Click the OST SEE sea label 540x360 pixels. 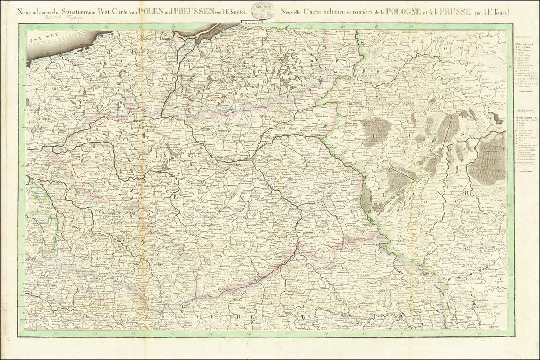[x=39, y=40]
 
